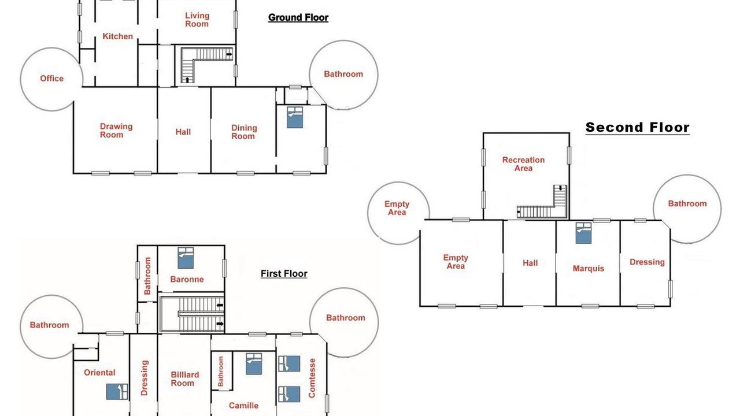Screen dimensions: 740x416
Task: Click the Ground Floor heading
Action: point(298,17)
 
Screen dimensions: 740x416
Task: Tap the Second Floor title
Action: point(638,127)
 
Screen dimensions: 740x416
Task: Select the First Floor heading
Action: point(284,274)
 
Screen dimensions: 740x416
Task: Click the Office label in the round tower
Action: point(52,79)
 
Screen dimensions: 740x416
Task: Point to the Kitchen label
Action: point(117,36)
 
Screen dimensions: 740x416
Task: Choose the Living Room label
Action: point(197,20)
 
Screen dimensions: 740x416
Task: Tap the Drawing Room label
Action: point(116,131)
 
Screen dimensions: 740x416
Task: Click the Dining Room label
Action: point(244,132)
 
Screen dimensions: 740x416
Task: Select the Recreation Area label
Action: point(523,164)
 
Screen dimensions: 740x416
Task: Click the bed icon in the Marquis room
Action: point(583,233)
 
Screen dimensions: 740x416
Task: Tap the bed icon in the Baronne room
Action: point(186,258)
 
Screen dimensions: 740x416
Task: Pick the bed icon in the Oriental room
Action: point(117,392)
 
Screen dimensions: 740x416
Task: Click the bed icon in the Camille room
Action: point(254,364)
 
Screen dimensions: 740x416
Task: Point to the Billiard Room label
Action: point(184,379)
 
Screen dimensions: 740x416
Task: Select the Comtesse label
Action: point(312,378)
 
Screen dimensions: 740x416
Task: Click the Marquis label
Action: point(589,269)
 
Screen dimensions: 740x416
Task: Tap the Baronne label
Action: point(187,279)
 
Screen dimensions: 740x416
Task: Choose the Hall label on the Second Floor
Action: point(530,263)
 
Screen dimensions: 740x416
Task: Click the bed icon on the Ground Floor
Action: point(295,117)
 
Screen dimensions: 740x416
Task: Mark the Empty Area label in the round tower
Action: point(397,208)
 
